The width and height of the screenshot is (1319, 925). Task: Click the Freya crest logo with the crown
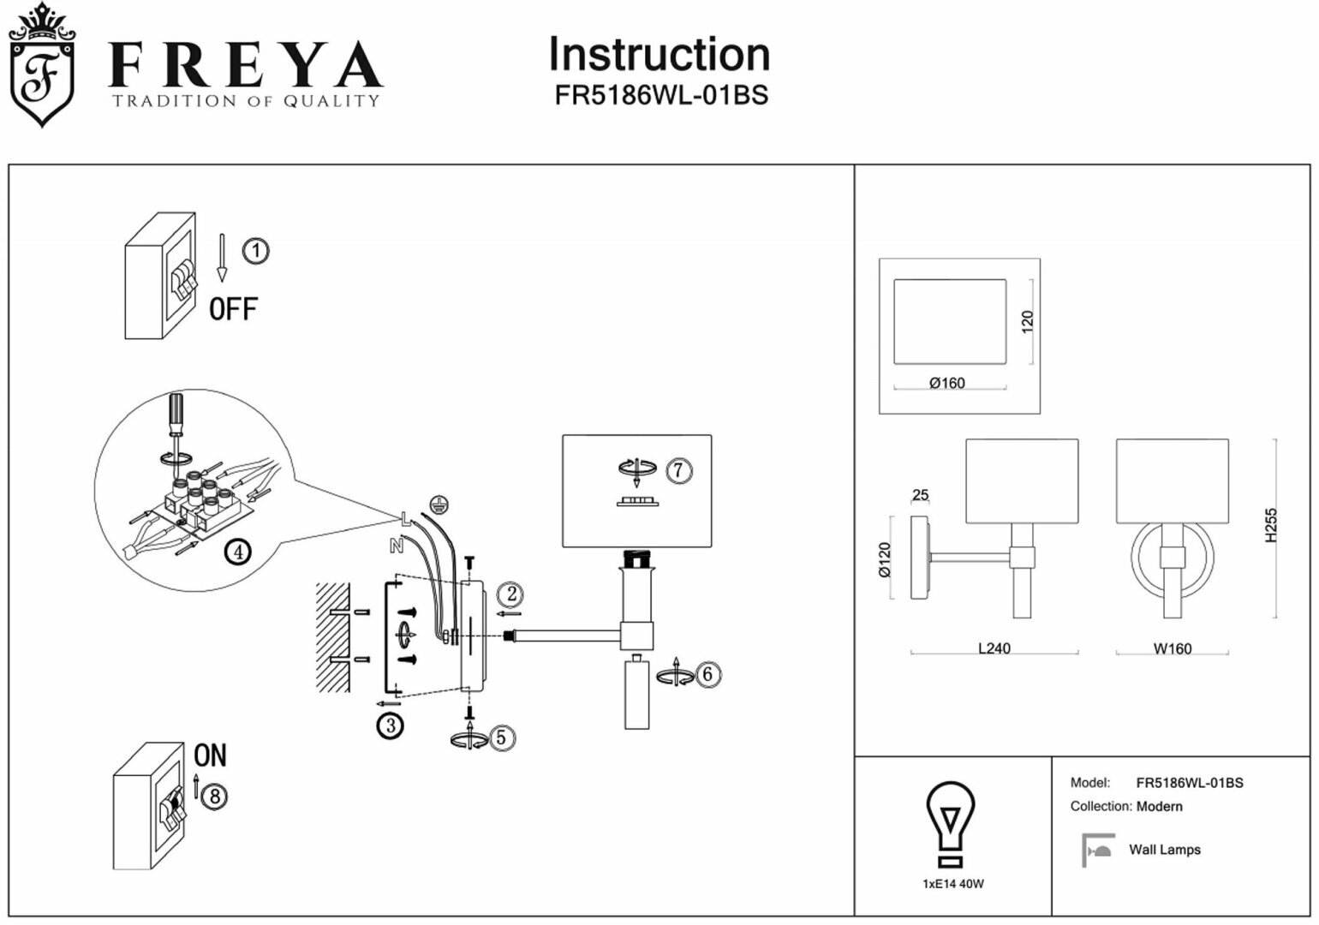pyautogui.click(x=40, y=67)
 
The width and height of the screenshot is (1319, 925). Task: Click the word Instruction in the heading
pyautogui.click(x=659, y=55)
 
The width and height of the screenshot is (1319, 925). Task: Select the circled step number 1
pyautogui.click(x=255, y=251)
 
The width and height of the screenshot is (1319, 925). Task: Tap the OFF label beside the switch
pyautogui.click(x=232, y=308)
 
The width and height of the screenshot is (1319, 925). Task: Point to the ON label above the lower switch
pyautogui.click(x=210, y=755)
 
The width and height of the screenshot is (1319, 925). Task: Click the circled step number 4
pyautogui.click(x=237, y=552)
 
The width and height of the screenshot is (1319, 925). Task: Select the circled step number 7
pyautogui.click(x=677, y=470)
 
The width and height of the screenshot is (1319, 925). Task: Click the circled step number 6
pyautogui.click(x=707, y=675)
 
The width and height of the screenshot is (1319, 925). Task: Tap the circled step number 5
pyautogui.click(x=501, y=737)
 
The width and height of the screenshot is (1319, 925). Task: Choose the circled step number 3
pyautogui.click(x=390, y=726)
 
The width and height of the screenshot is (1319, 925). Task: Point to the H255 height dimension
pyautogui.click(x=1271, y=525)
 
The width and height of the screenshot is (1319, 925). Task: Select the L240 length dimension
pyautogui.click(x=994, y=648)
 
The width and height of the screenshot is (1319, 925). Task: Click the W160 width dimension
pyautogui.click(x=1172, y=648)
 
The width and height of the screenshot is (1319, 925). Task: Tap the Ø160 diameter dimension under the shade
pyautogui.click(x=946, y=383)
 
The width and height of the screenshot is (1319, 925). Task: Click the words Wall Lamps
pyautogui.click(x=1164, y=850)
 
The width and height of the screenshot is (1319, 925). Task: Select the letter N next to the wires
pyautogui.click(x=396, y=546)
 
